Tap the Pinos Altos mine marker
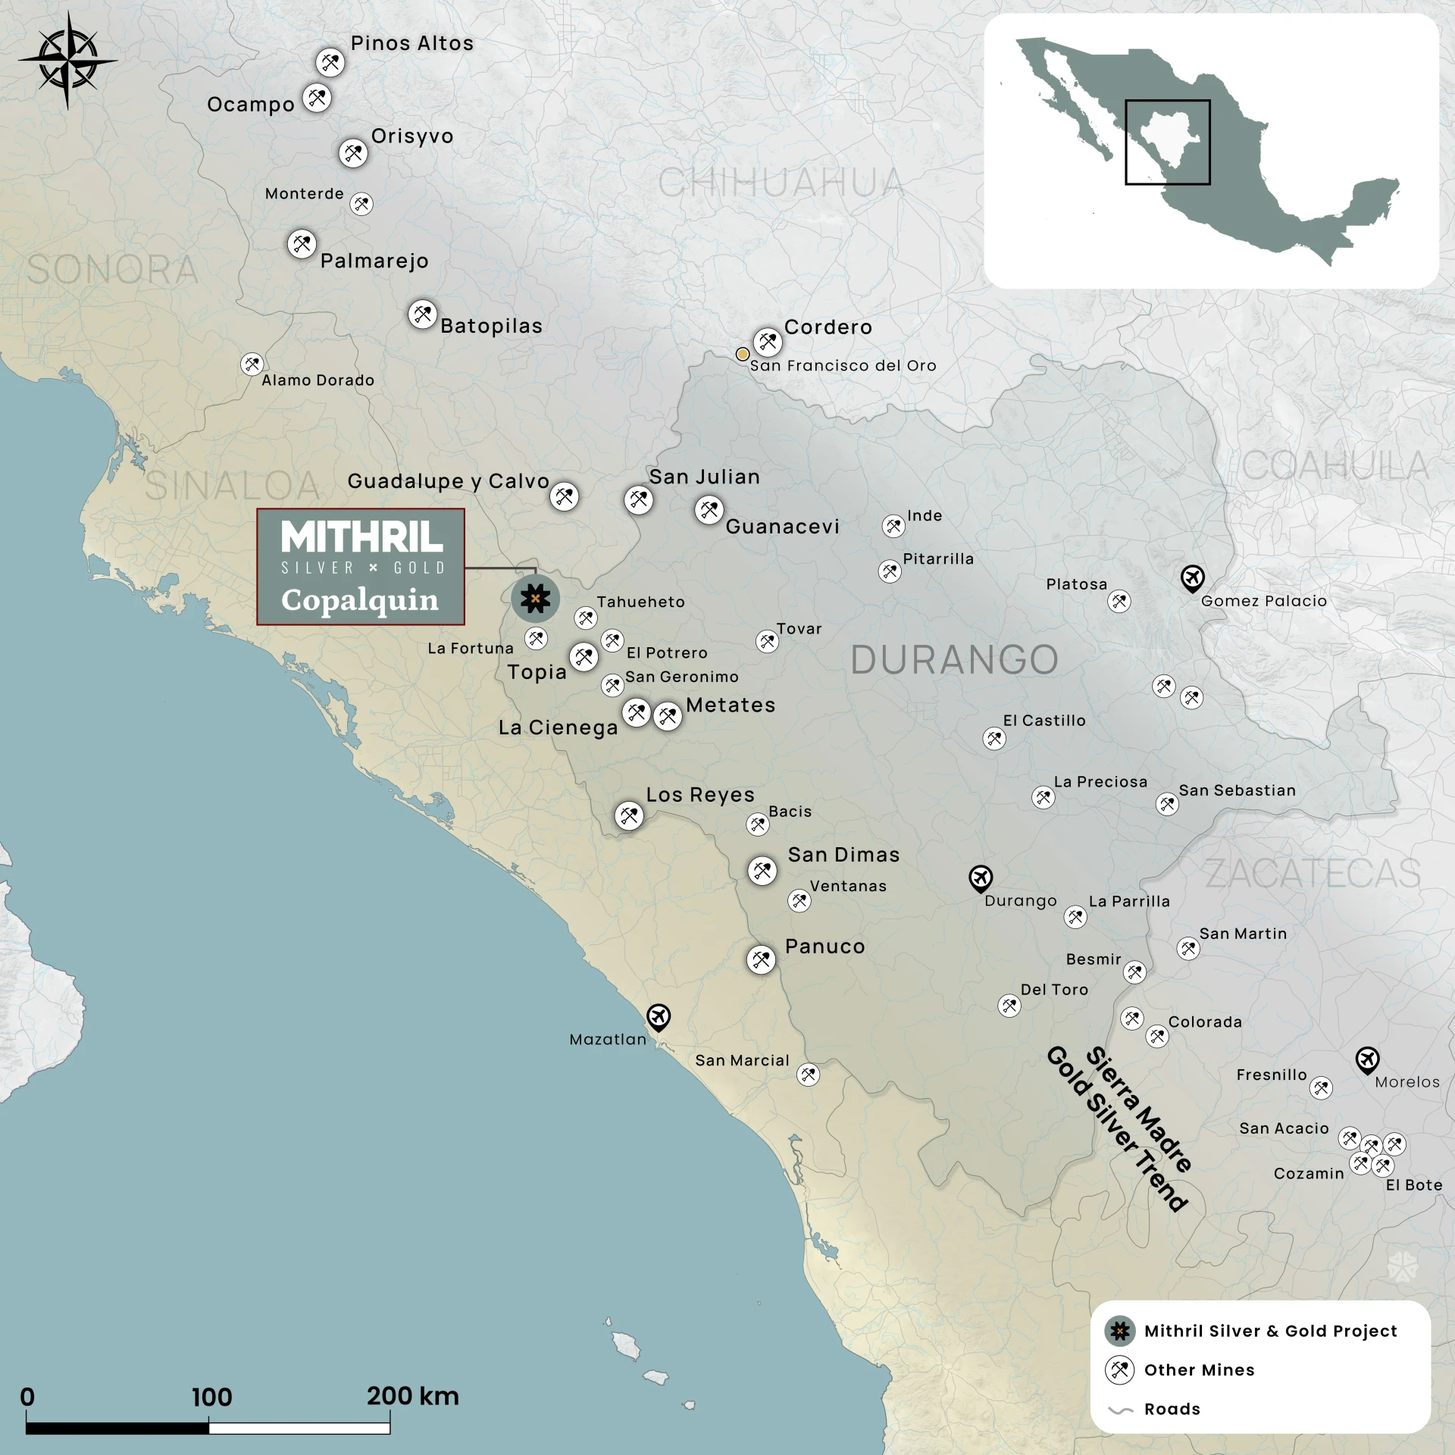pos(330,62)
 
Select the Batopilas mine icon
pos(422,314)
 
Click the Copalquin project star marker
pos(535,599)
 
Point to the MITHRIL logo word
pos(361,537)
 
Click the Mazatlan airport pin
pos(659,1017)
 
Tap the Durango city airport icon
pos(981,878)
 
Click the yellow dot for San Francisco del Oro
pos(743,354)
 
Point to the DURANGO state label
pos(954,660)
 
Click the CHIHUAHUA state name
pos(781,183)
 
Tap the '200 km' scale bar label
pos(412,1397)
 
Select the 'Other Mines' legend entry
pos(1199,1370)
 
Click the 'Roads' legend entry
pos(1172,1410)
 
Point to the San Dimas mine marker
pos(762,870)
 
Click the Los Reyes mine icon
pos(629,815)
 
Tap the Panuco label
pos(824,947)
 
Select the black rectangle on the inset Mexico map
pos(1167,142)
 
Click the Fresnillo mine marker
pos(1321,1087)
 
